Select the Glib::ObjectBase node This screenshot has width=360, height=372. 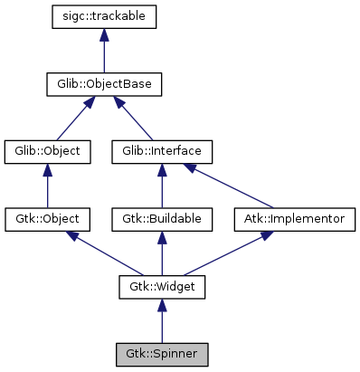pos(104,85)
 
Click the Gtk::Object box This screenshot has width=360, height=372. pos(47,220)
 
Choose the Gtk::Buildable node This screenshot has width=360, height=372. pos(161,220)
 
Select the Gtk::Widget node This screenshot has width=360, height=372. pos(161,287)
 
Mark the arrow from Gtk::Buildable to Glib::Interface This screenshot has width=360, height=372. pos(161,186)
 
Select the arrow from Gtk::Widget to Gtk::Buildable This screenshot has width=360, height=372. pos(161,253)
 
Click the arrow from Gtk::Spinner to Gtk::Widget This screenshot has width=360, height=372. pos(161,320)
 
